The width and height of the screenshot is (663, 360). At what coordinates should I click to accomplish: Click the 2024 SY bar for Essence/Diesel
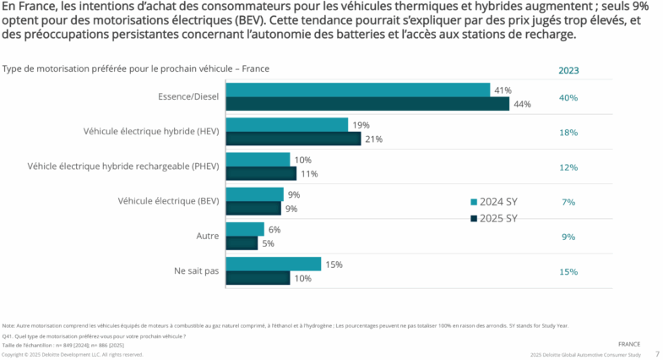(358, 90)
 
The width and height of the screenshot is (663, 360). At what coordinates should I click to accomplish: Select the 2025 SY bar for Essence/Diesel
(367, 104)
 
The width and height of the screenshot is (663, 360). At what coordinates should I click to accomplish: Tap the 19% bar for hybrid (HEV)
(287, 125)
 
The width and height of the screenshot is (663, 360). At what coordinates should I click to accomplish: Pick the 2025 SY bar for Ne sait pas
(258, 278)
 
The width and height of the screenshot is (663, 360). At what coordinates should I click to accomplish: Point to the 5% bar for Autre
(242, 243)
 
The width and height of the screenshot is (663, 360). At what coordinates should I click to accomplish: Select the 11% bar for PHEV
(261, 173)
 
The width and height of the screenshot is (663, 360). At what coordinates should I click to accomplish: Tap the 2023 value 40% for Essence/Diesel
(568, 97)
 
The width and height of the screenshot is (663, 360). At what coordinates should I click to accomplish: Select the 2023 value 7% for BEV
(568, 201)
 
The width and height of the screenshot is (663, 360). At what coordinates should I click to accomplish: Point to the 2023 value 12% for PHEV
(568, 166)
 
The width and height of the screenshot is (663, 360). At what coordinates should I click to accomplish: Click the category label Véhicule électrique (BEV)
(169, 201)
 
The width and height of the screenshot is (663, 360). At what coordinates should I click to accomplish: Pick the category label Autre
(206, 236)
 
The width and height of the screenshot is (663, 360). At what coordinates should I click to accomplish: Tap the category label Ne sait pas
(196, 271)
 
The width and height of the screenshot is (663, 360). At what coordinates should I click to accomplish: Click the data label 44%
(521, 104)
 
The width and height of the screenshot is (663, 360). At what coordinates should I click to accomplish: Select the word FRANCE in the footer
(628, 345)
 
